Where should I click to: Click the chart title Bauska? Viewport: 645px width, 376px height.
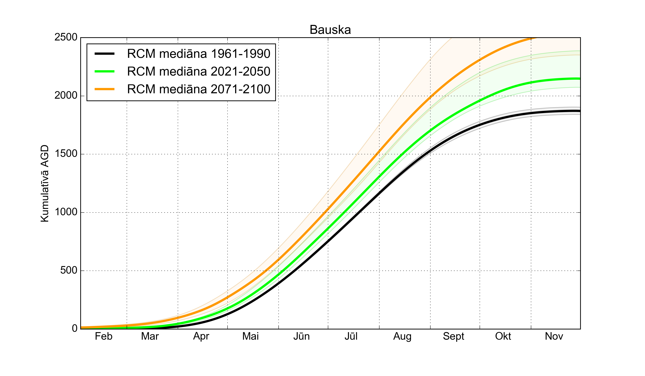tap(330, 30)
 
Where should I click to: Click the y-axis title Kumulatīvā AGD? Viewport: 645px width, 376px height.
tap(45, 183)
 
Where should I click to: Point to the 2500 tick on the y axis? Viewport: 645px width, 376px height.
tap(66, 37)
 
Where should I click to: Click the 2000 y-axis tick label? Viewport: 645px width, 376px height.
tap(66, 95)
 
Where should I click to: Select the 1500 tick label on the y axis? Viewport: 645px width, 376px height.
tap(66, 154)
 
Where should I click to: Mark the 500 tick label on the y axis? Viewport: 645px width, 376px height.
tap(69, 270)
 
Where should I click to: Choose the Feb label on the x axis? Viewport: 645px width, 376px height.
tap(104, 336)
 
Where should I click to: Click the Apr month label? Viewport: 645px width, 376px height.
tap(201, 336)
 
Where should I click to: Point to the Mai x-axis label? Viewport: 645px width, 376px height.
tap(251, 336)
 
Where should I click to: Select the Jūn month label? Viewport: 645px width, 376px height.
tap(302, 336)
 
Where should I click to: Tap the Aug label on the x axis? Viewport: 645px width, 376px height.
tap(402, 336)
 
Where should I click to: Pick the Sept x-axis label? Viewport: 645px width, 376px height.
tap(453, 336)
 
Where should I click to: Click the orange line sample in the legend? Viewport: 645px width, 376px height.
tap(104, 89)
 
